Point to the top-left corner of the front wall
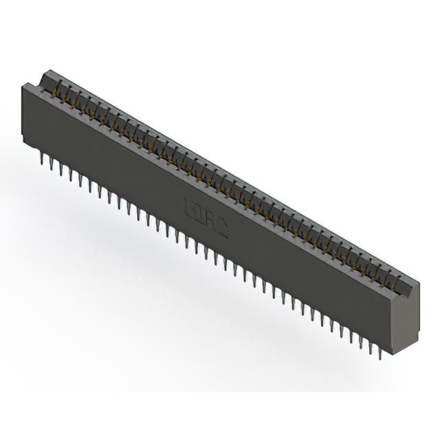23,84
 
